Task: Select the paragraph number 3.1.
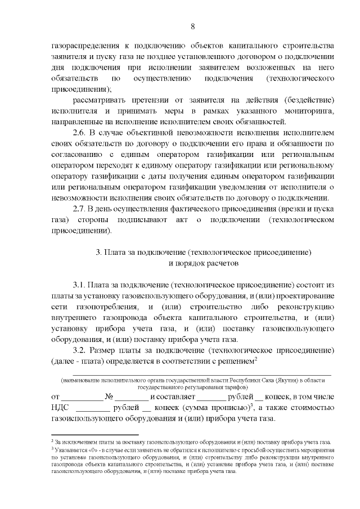click(x=81, y=285)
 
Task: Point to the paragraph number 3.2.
click(x=81, y=351)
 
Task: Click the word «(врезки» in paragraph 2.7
click(x=292, y=209)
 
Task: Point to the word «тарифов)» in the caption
click(x=235, y=388)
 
